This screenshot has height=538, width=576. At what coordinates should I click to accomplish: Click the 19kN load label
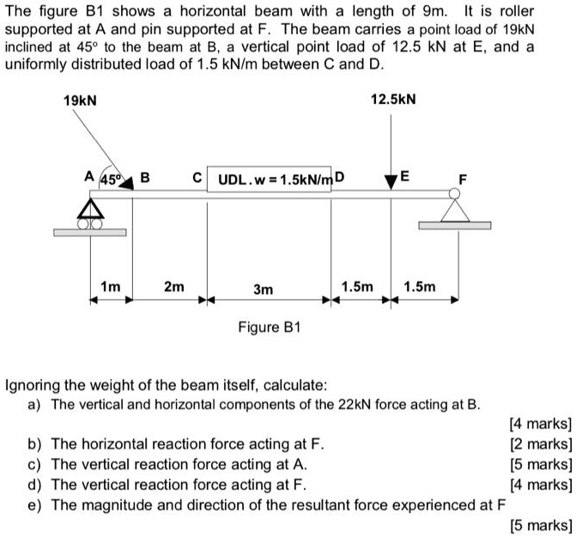(81, 101)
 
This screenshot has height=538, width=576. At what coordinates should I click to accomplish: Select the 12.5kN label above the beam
(393, 101)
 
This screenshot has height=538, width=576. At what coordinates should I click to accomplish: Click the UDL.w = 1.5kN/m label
(274, 180)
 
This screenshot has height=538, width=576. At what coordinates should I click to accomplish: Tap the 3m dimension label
(264, 290)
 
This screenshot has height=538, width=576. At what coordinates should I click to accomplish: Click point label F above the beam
(464, 180)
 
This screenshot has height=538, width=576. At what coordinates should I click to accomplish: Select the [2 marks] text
(540, 444)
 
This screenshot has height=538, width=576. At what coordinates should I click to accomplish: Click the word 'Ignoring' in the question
(35, 384)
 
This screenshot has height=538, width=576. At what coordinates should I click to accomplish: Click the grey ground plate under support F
(455, 226)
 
